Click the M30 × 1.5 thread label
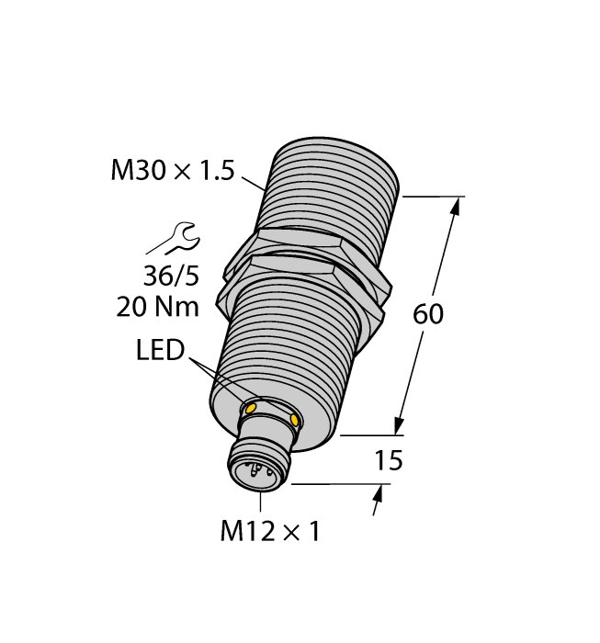coord(174,171)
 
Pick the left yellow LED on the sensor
coord(250,408)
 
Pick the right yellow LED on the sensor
coord(294,419)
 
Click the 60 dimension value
coord(428,313)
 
